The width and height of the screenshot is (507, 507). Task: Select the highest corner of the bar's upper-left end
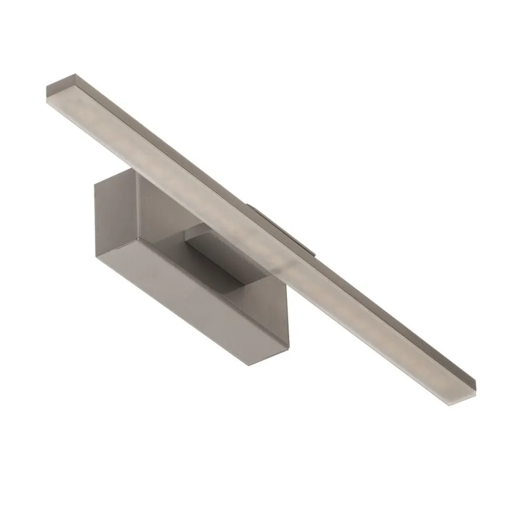75,75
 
